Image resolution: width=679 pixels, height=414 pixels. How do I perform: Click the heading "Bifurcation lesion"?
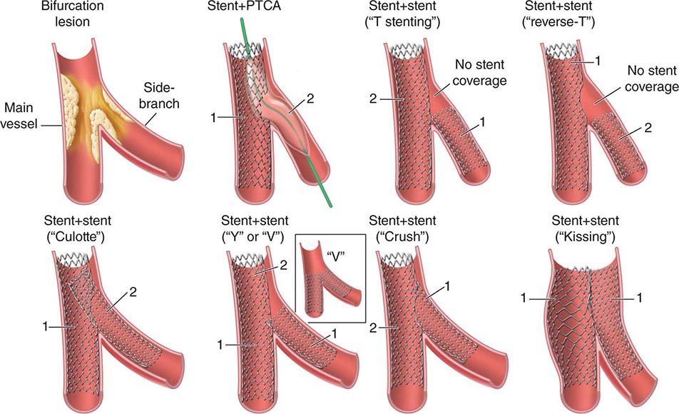point(72,14)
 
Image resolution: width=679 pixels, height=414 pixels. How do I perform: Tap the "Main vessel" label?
point(19,116)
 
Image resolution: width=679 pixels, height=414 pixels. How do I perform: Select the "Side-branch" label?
point(159,96)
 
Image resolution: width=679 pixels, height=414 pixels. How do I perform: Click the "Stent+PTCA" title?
point(244,6)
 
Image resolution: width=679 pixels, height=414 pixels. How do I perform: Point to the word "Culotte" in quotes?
point(78,237)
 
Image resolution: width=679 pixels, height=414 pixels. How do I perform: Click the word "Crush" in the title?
point(402,237)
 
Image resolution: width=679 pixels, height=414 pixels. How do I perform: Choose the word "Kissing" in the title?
point(586,237)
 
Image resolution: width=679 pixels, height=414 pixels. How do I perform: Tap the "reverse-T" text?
point(558,21)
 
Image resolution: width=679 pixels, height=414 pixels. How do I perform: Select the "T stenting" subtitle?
point(402,21)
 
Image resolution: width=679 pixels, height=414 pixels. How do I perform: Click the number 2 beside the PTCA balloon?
point(310,99)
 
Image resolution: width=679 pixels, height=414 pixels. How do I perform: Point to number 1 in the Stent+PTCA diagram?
point(213,117)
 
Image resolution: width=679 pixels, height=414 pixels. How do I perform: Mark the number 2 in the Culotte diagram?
point(133,292)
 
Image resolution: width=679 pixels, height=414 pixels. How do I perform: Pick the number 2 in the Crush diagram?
point(373,328)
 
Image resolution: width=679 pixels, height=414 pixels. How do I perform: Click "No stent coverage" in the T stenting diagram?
point(480,73)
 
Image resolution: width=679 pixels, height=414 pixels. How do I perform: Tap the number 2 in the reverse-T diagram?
point(648,128)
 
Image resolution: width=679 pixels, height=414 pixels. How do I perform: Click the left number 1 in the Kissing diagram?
point(524,298)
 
